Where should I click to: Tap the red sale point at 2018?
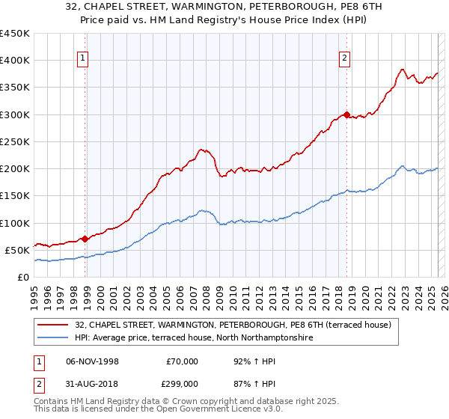pyautogui.click(x=346, y=115)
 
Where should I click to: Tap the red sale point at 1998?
pyautogui.click(x=85, y=239)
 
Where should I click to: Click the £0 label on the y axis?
pyautogui.click(x=23, y=278)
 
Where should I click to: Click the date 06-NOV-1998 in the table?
pyautogui.click(x=93, y=361)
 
